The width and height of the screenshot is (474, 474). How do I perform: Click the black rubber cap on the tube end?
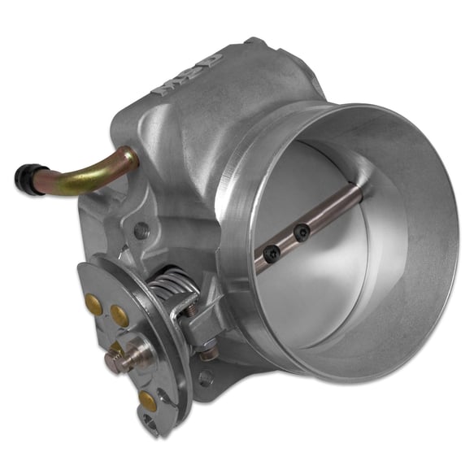(24, 174)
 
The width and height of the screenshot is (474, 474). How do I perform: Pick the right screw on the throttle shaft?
(302, 234)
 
